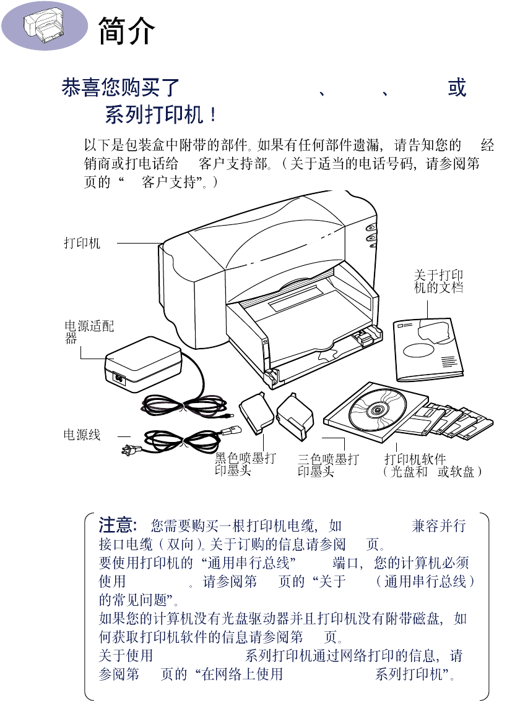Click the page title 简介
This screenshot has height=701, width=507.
pyautogui.click(x=126, y=30)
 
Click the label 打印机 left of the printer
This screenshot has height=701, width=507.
pyautogui.click(x=82, y=243)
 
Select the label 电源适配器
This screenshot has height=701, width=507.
pyautogui.click(x=89, y=331)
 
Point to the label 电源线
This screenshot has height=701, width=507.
pyautogui.click(x=82, y=435)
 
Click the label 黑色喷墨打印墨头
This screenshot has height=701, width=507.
pyautogui.click(x=245, y=465)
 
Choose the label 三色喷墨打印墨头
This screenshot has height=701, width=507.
pyautogui.click(x=327, y=465)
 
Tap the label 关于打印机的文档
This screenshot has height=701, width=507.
pyautogui.click(x=438, y=282)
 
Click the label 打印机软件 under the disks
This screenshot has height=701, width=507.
pyautogui.click(x=415, y=459)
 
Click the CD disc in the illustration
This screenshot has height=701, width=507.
pyautogui.click(x=376, y=410)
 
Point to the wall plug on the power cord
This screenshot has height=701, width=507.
pyautogui.click(x=133, y=449)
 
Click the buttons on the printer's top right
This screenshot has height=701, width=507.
pyautogui.click(x=371, y=235)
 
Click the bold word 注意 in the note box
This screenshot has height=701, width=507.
pyautogui.click(x=117, y=525)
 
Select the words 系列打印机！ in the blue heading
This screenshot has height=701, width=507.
pyautogui.click(x=161, y=116)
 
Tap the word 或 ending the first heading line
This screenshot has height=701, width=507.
pyautogui.click(x=457, y=88)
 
